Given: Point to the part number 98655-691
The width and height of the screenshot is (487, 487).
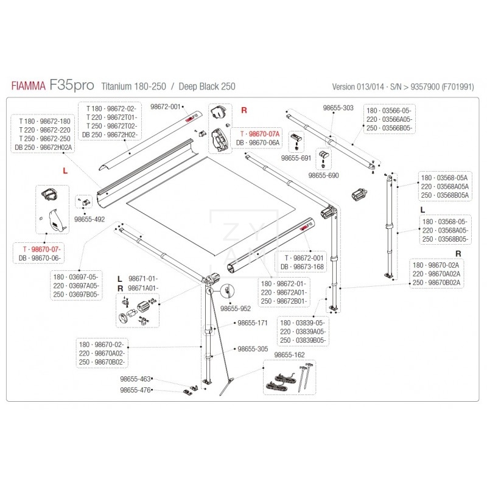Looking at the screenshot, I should click(x=296, y=158).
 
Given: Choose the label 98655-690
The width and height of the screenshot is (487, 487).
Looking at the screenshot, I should click(x=323, y=175).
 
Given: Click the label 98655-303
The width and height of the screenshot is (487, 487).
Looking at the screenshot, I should click(x=338, y=108).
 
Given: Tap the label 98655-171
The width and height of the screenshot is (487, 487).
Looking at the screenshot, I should click(x=253, y=323).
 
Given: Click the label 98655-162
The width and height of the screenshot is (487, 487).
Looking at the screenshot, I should click(x=290, y=354).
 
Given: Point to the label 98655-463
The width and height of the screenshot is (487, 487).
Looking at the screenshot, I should click(x=135, y=379).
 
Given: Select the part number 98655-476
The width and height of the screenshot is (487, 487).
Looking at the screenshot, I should click(x=135, y=390).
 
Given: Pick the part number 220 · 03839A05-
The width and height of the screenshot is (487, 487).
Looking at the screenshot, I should click(x=303, y=331).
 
